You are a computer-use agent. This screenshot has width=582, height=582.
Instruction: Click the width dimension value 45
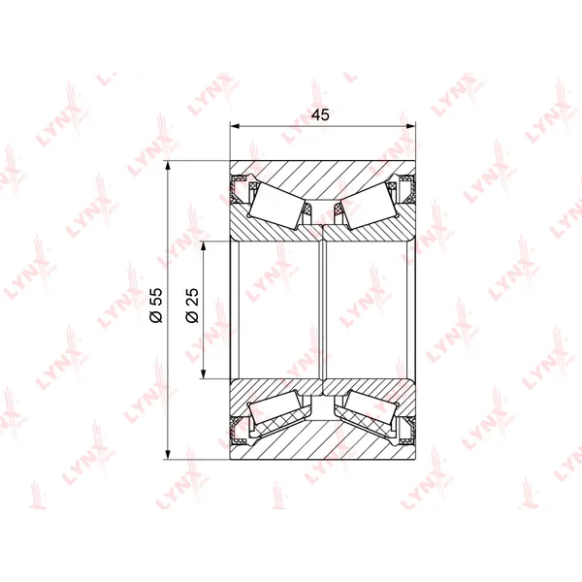click(x=320, y=114)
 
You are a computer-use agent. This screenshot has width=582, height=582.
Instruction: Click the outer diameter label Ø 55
click(x=156, y=306)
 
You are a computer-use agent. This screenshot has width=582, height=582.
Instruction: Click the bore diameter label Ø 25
click(x=192, y=306)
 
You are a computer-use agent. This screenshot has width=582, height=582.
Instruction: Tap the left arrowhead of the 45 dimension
click(x=234, y=126)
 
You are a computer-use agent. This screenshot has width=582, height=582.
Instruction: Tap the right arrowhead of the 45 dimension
click(x=411, y=126)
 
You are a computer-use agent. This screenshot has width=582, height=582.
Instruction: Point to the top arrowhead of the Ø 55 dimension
click(x=168, y=166)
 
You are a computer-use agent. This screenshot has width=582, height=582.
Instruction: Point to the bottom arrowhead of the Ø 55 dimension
click(x=168, y=455)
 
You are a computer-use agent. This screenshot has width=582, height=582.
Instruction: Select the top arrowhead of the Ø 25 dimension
click(x=203, y=246)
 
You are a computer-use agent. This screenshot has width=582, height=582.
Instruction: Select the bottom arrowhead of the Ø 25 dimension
click(x=203, y=374)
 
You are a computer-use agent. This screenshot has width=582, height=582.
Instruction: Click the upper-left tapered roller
click(x=276, y=206)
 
